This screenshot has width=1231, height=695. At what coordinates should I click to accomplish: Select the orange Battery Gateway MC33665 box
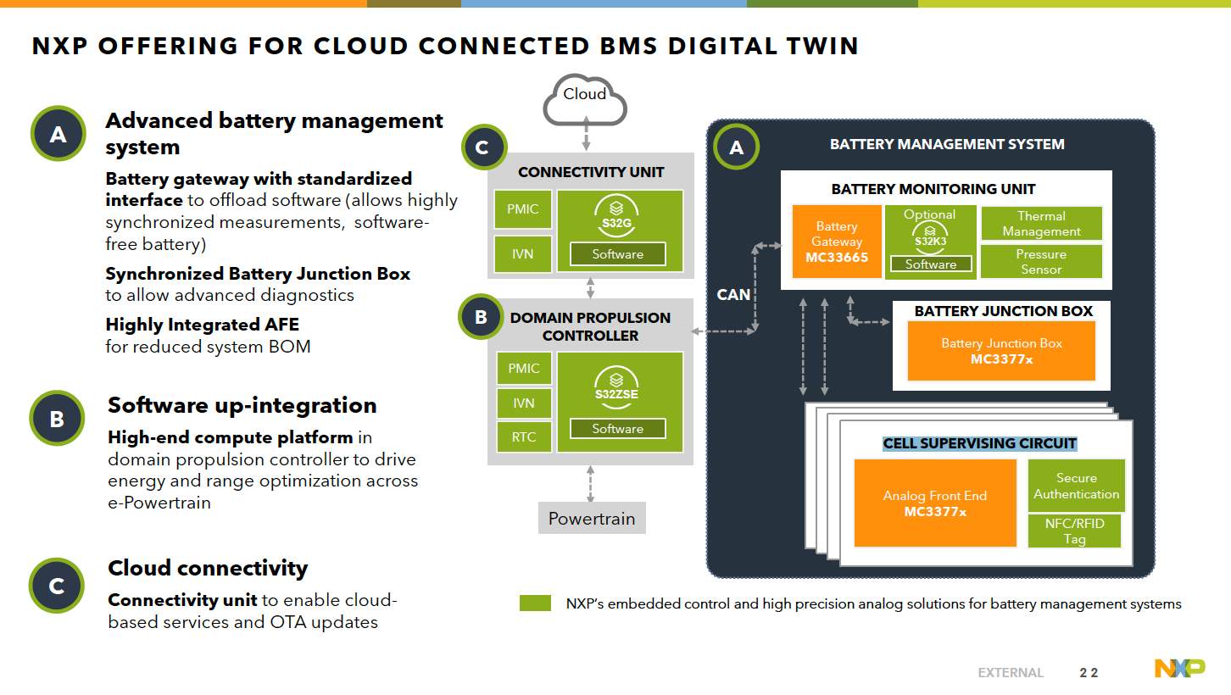coord(836,242)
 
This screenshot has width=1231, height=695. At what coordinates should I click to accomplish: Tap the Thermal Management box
coord(1041,224)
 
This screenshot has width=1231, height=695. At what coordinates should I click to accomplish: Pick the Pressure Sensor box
coord(1041,261)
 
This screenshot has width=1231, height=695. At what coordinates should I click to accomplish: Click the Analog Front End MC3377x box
coord(934,503)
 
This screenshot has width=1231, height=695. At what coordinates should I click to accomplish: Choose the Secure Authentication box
coord(1076,486)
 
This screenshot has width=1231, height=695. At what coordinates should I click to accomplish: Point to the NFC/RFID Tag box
coord(1074,531)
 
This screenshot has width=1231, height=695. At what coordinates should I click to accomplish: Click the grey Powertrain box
coord(592,518)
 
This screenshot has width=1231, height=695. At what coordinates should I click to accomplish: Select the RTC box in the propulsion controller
coord(523,437)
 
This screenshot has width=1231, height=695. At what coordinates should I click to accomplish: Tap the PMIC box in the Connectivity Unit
coord(522,209)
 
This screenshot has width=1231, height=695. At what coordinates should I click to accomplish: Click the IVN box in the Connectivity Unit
coord(522,253)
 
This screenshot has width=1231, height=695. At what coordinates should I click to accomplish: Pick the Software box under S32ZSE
coord(617,429)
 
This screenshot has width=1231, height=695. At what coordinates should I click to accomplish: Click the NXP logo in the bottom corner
coord(1179,668)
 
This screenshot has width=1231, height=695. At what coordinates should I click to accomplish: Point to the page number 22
coord(1089,673)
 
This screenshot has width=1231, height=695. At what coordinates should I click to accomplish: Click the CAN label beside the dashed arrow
coord(733,294)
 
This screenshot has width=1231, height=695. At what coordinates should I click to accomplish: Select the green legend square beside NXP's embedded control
coord(535,603)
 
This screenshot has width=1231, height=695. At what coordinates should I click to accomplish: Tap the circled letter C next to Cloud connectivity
coord(57,586)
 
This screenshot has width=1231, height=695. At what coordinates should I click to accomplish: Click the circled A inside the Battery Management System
coord(736,147)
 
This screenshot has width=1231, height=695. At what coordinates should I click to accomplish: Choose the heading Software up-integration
coord(242,405)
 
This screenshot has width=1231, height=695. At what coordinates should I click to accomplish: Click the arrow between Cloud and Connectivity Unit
coord(586,135)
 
